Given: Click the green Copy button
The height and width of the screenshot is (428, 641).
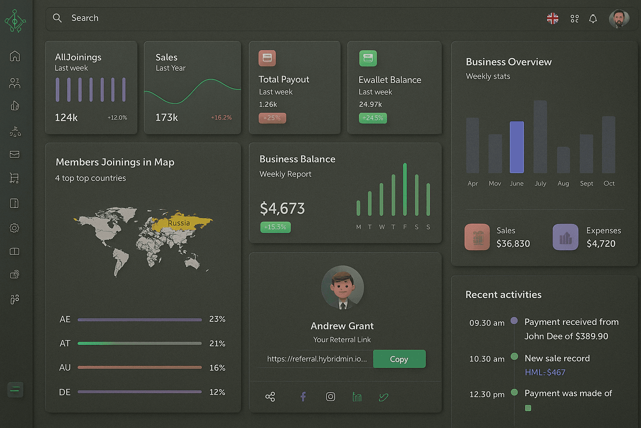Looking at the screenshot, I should point(399,359).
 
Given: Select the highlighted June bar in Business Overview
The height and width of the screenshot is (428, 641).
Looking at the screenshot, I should point(517,147).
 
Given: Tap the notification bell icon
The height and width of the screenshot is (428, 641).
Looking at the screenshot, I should point(593,19).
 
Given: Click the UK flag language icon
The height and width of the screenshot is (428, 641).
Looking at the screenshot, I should point(553,18).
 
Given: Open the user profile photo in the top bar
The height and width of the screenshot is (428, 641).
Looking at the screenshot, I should point(619,19).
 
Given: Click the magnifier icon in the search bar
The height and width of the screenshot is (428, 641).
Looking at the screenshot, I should point(57,18).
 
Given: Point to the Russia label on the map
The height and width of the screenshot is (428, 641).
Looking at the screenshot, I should point(179,223).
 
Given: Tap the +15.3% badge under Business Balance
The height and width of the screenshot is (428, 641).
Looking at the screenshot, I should point(275,227).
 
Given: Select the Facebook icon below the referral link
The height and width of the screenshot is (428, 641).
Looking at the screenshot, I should point(303,396).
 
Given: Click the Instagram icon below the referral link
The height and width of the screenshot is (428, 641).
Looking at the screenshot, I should point(330,396).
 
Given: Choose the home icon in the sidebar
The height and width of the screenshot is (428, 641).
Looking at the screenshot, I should point(15,56).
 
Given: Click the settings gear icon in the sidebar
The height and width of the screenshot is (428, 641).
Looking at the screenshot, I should point(15,228).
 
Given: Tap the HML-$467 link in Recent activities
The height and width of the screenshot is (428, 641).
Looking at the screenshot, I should point(545,372).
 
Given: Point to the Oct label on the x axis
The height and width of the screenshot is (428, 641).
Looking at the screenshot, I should point(608,183).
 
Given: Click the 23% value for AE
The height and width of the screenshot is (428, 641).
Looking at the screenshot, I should point(217,319).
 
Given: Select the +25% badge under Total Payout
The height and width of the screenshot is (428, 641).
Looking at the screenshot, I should point(272,118).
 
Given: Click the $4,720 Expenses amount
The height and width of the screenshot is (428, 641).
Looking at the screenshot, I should point(601,244).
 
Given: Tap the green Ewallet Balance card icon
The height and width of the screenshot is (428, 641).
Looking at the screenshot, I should point(368,59).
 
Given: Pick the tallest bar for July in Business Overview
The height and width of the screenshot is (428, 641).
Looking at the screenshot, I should point(540,137).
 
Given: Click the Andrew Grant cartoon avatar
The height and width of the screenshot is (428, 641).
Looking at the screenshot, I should point(342,288).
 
